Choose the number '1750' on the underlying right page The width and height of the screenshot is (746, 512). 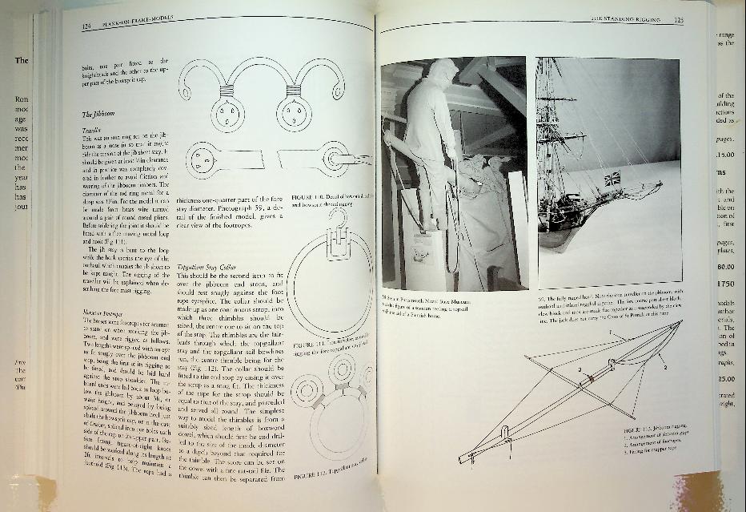pyautogui.click(x=727, y=284)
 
